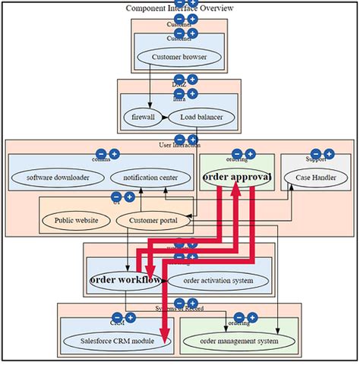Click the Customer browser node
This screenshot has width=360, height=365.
pos(179,57)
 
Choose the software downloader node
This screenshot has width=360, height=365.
pos(58,178)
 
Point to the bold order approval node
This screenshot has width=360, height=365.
pos(236,176)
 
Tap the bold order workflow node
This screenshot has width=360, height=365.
pos(125,280)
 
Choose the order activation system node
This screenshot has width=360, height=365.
pos(218,280)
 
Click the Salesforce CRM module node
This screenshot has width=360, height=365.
pos(117,341)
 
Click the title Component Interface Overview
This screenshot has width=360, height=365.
pos(179,8)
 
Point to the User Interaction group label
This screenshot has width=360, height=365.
pos(180,144)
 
